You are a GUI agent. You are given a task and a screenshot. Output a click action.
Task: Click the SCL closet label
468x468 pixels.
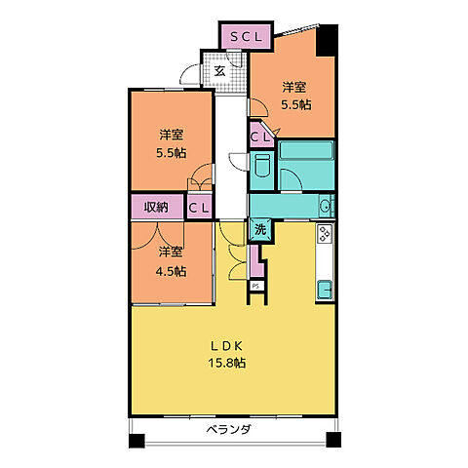(x=247, y=37)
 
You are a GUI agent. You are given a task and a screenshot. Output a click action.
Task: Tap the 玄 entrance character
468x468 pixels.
(x=220, y=70)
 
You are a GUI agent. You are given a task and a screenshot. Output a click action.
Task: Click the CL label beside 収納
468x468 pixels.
(x=199, y=207)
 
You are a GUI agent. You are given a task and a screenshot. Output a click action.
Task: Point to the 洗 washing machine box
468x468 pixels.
(x=260, y=229)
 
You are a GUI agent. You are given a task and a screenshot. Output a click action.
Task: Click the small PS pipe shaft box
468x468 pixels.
(x=255, y=285)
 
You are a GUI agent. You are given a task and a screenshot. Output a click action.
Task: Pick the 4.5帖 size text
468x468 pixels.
(x=172, y=271)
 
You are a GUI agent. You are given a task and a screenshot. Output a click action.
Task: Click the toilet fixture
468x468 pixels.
(x=260, y=174)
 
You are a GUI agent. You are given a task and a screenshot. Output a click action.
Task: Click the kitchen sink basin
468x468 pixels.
(x=325, y=290)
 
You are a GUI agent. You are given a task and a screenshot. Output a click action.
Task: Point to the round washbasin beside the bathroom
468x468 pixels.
(x=324, y=206)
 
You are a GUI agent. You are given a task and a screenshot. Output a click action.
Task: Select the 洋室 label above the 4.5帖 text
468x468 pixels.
(x=172, y=251)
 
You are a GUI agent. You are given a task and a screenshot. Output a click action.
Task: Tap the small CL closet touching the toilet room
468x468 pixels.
(x=259, y=137)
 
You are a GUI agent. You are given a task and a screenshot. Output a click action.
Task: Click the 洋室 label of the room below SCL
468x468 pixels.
(x=292, y=86)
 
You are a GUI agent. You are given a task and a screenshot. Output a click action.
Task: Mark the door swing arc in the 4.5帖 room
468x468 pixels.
(x=146, y=234)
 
